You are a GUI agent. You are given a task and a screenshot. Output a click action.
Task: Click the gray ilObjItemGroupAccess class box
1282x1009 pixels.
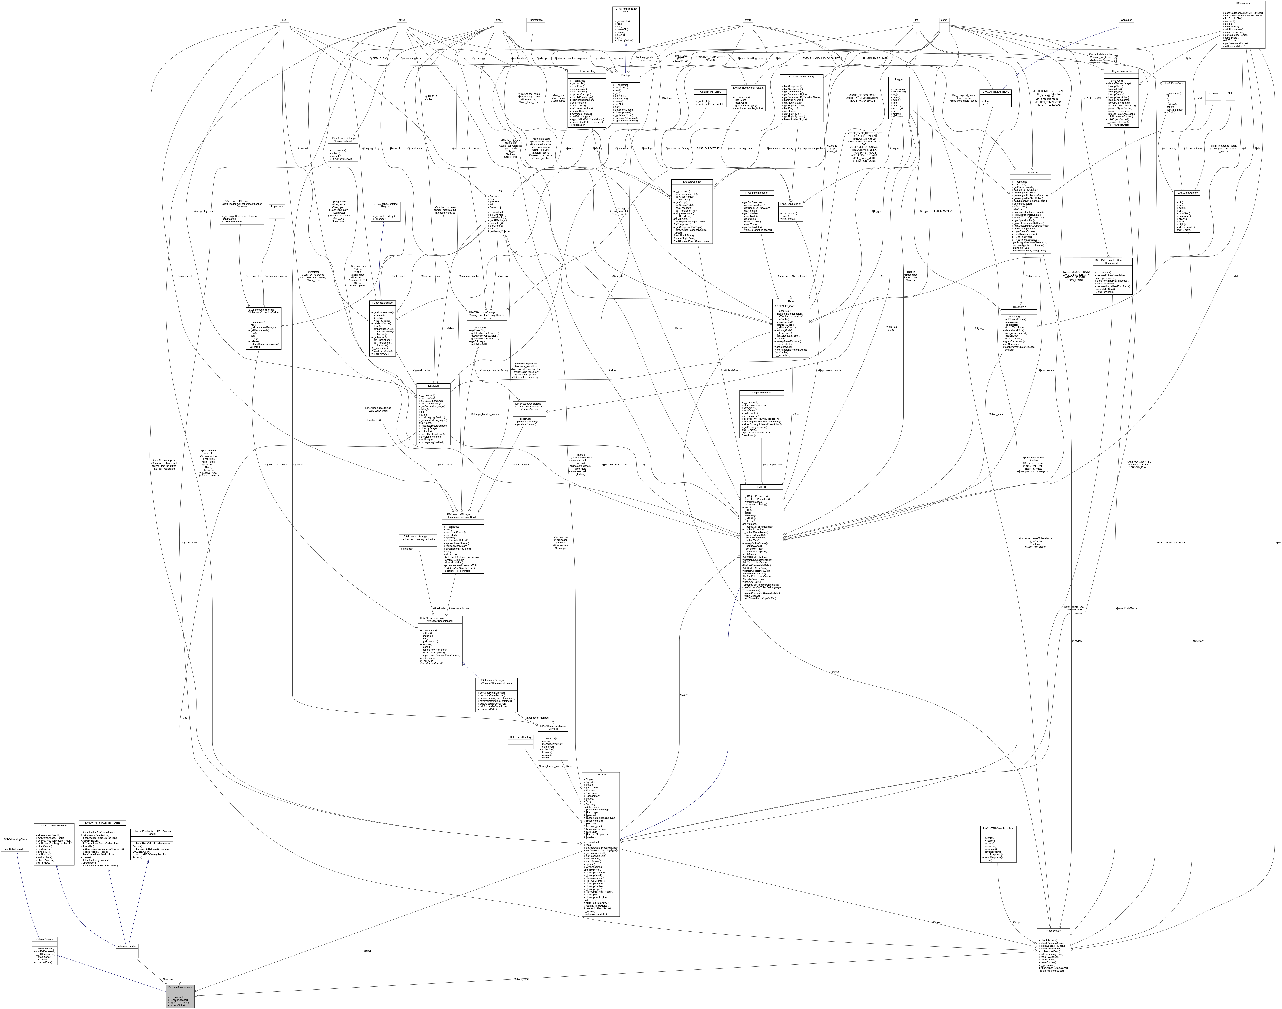point(180,987)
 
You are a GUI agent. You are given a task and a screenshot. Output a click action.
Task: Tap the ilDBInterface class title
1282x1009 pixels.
point(1242,3)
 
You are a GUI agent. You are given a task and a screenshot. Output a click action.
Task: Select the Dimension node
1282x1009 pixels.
point(1213,93)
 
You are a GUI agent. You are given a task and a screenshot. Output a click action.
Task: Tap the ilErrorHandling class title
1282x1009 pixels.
point(581,71)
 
